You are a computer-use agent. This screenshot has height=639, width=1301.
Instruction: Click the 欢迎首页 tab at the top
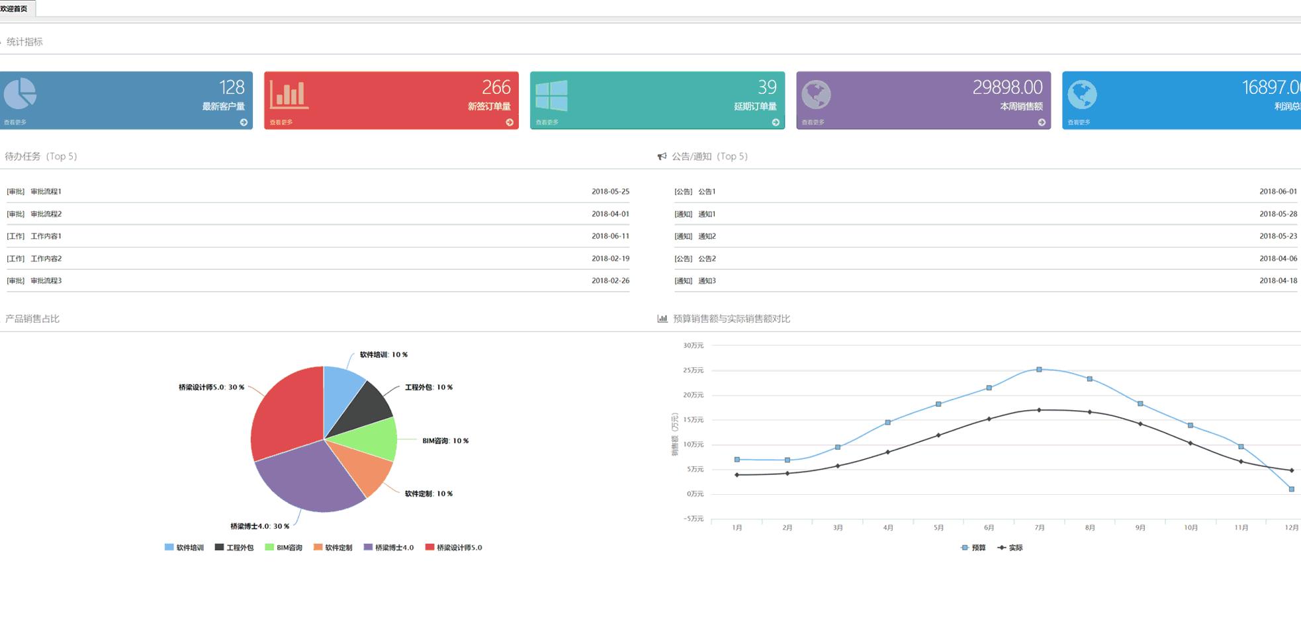(x=15, y=9)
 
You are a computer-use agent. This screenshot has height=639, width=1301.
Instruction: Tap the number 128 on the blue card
(x=232, y=87)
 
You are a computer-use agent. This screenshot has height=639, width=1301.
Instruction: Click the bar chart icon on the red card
(x=289, y=94)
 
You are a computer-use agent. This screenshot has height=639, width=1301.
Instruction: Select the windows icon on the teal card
(x=551, y=96)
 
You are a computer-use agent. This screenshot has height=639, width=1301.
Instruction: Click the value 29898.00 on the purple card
(x=1007, y=87)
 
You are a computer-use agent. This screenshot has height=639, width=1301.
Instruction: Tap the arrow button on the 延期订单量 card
(x=776, y=122)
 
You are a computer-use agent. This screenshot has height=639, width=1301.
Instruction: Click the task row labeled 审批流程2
(x=46, y=214)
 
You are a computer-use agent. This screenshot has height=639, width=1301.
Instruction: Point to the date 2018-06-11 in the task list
(x=610, y=236)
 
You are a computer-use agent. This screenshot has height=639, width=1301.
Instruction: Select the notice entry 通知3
(x=707, y=281)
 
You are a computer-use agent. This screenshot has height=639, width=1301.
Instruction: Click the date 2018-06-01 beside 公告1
(x=1278, y=192)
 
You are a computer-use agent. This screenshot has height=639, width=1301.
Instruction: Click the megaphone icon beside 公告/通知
(x=662, y=157)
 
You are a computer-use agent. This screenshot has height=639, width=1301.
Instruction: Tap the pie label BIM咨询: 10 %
(x=445, y=441)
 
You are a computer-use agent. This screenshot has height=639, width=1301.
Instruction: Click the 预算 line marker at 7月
(x=1039, y=370)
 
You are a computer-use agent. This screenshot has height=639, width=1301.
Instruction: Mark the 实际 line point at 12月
(x=1291, y=470)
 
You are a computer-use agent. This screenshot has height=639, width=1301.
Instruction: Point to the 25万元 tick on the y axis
(x=693, y=370)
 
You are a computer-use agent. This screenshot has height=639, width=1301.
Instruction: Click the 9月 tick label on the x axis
(x=1140, y=528)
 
